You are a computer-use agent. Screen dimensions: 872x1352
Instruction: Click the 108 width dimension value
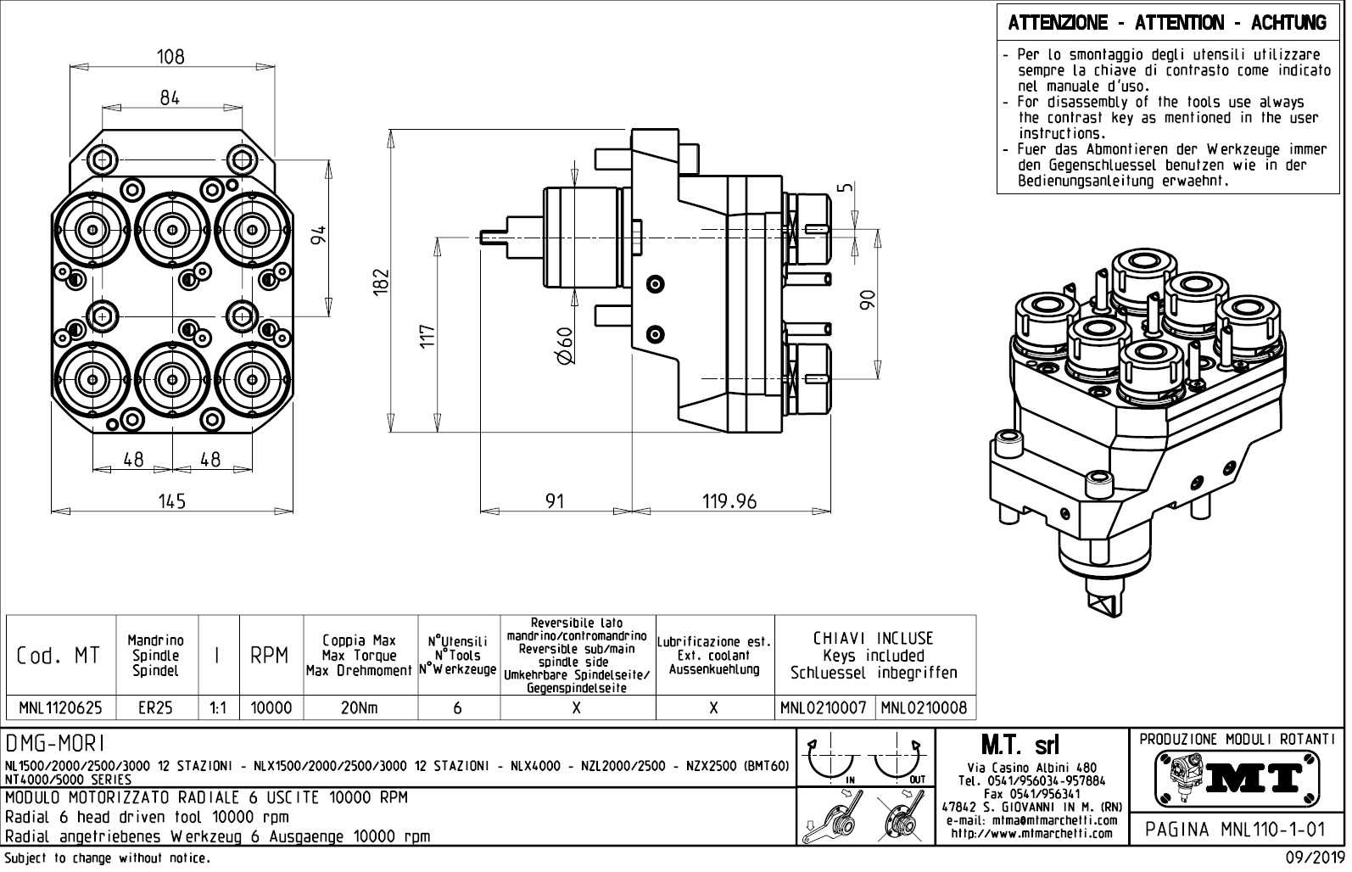(x=170, y=57)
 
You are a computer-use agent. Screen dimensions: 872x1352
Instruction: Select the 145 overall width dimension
(x=171, y=501)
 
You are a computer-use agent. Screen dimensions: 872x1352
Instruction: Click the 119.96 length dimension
(x=729, y=501)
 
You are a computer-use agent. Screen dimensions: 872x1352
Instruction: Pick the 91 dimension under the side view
(x=554, y=501)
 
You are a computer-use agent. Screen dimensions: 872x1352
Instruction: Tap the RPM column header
(x=271, y=656)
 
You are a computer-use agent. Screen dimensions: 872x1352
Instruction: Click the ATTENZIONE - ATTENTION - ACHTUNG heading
(x=1167, y=23)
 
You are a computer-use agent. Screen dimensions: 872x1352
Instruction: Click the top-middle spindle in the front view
(x=172, y=227)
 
